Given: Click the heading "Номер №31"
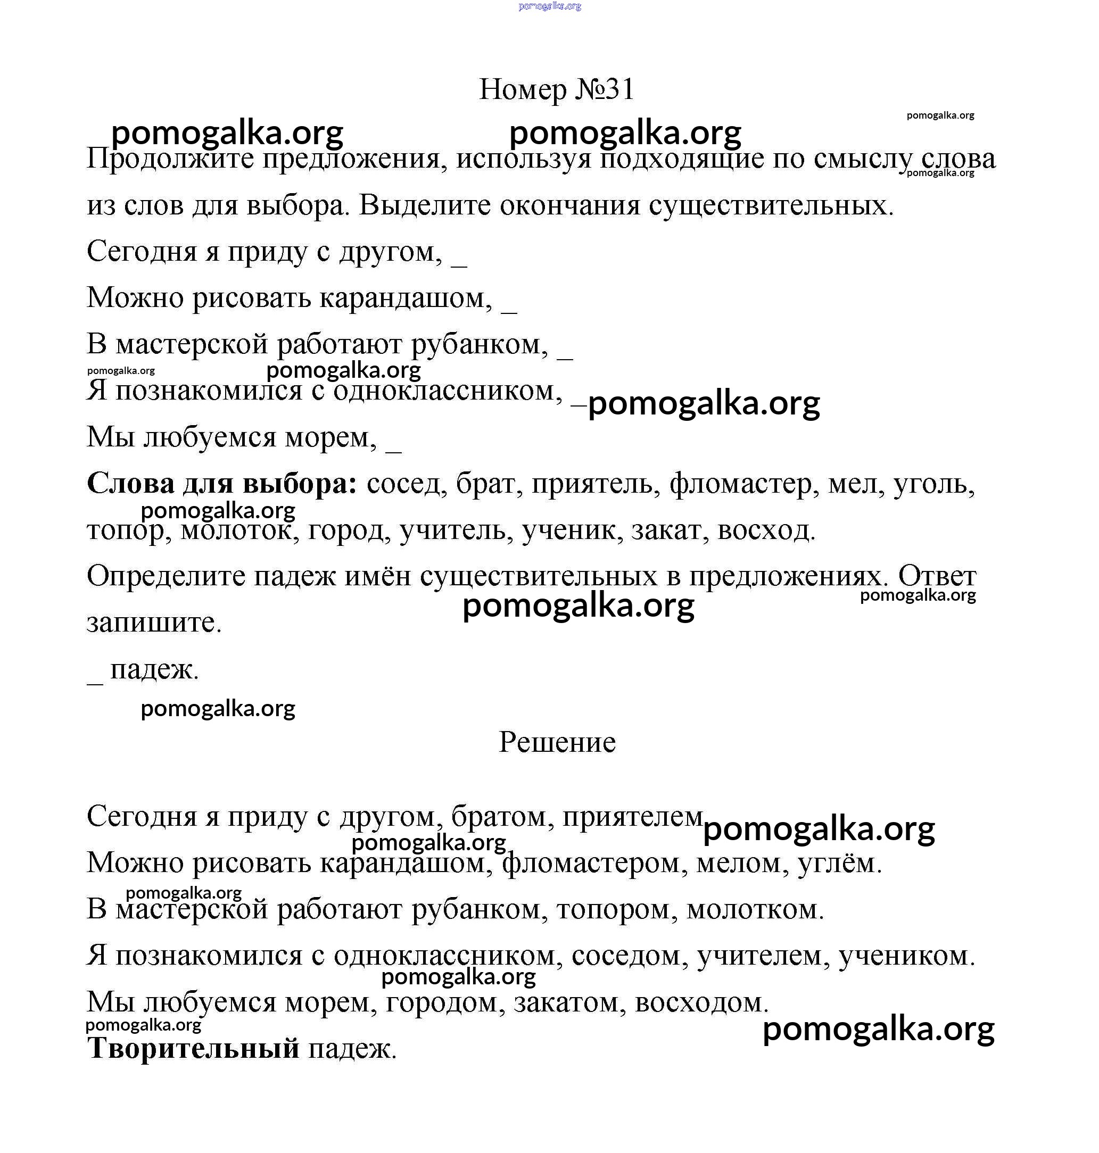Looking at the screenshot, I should pyautogui.click(x=556, y=89).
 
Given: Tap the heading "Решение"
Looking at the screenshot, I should pyautogui.click(x=557, y=743).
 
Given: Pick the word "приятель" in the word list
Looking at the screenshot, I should pyautogui.click(x=592, y=484).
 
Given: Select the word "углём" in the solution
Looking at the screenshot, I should pyautogui.click(x=838, y=863).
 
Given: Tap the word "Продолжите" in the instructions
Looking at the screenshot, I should pyautogui.click(x=170, y=159).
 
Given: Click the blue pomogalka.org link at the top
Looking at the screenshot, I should pyautogui.click(x=549, y=6).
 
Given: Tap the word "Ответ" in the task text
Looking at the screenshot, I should pyautogui.click(x=937, y=577).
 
